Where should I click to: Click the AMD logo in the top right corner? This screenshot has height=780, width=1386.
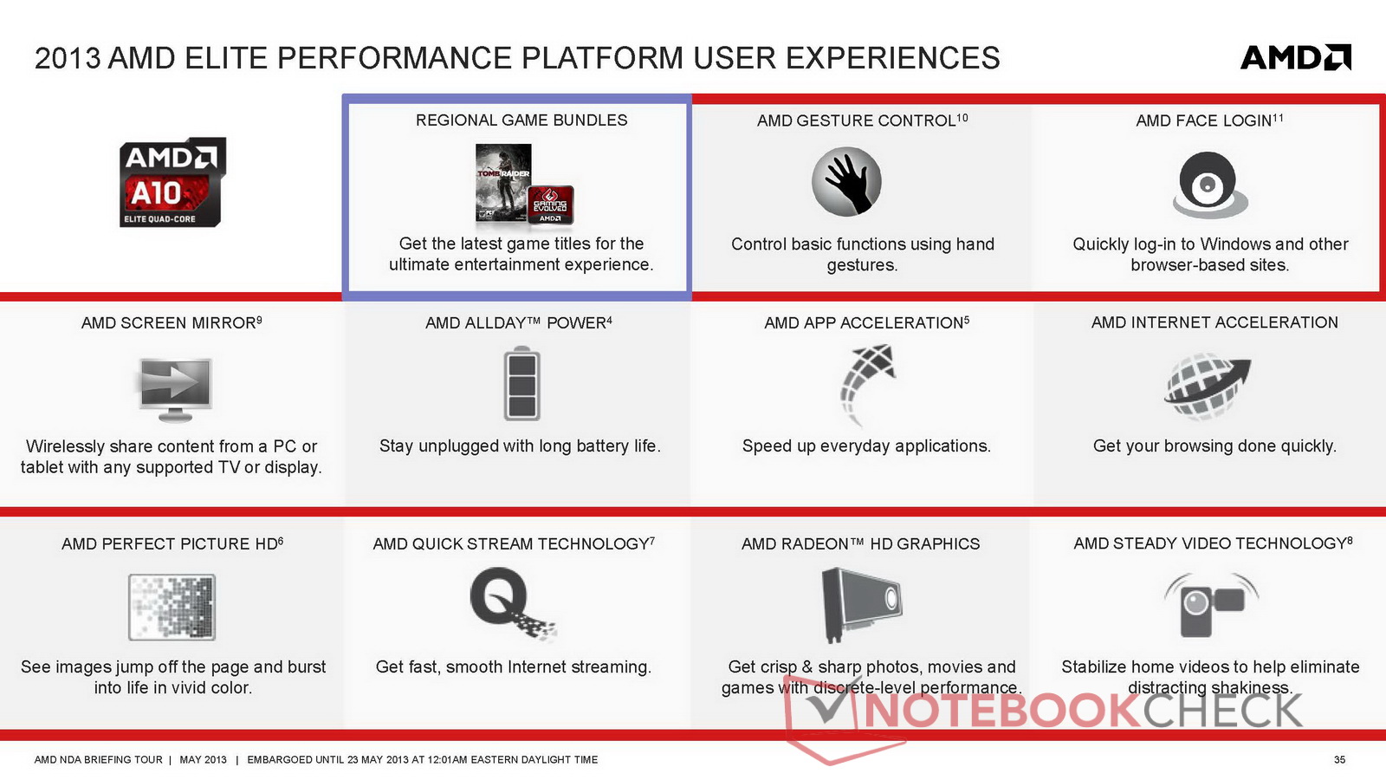coord(1296,57)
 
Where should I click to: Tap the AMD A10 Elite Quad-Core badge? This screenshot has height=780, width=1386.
coord(172,182)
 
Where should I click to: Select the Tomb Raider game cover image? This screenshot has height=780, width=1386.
coord(503,183)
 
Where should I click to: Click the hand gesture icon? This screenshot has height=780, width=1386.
coord(846,181)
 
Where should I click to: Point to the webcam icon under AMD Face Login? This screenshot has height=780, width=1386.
coord(1209,185)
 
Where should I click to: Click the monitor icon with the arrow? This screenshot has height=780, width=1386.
coord(175,389)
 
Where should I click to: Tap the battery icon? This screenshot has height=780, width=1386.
coord(521,383)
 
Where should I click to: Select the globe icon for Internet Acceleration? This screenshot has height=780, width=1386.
coord(1207,387)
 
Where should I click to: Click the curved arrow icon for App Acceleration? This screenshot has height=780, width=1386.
coord(867,384)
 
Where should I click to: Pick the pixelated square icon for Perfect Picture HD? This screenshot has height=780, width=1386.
coord(172,607)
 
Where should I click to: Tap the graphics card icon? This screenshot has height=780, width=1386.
coord(861,604)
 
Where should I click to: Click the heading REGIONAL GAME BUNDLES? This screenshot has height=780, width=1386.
coord(521,120)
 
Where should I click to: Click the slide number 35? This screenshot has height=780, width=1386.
coord(1339,759)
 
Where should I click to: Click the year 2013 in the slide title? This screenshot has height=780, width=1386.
coord(68,58)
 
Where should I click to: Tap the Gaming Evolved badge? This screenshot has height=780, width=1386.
coord(551,205)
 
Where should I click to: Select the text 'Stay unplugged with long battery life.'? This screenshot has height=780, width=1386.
coord(520,445)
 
